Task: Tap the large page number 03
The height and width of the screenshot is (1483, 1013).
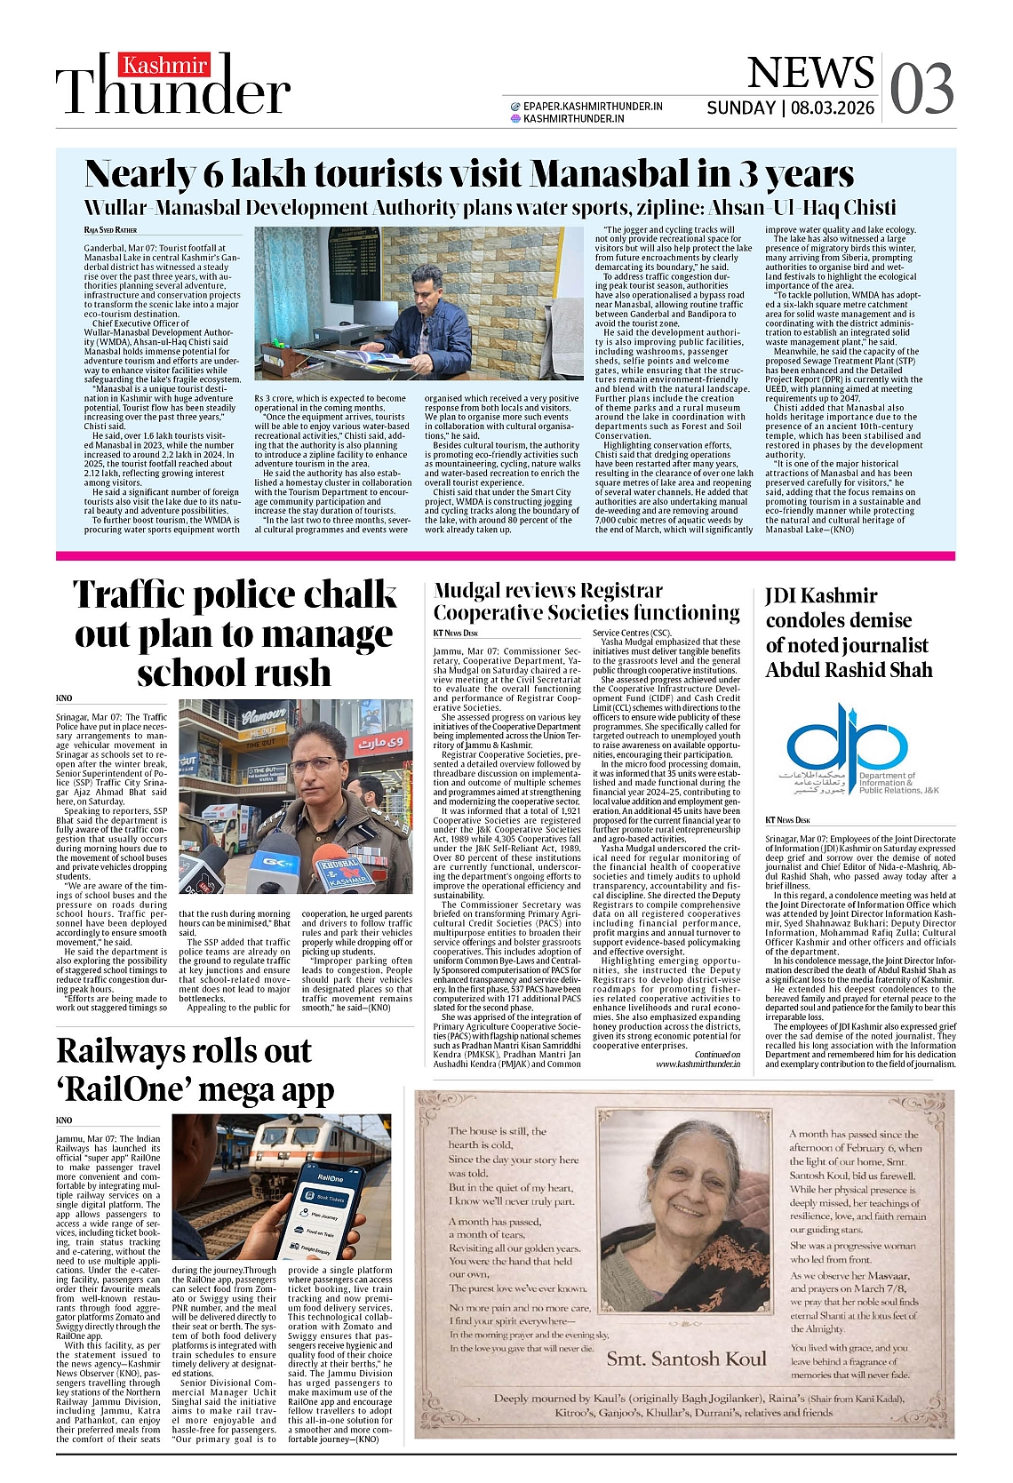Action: [921, 89]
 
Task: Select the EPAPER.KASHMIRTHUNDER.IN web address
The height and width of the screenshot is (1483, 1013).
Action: [593, 106]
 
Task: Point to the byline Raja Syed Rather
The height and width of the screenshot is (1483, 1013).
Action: [111, 230]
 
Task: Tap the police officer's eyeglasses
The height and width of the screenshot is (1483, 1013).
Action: [314, 763]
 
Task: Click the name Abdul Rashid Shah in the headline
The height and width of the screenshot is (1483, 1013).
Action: [849, 670]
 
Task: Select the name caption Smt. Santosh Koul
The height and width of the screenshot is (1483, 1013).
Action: [686, 1359]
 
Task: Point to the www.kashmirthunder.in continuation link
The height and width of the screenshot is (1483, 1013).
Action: [698, 1064]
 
